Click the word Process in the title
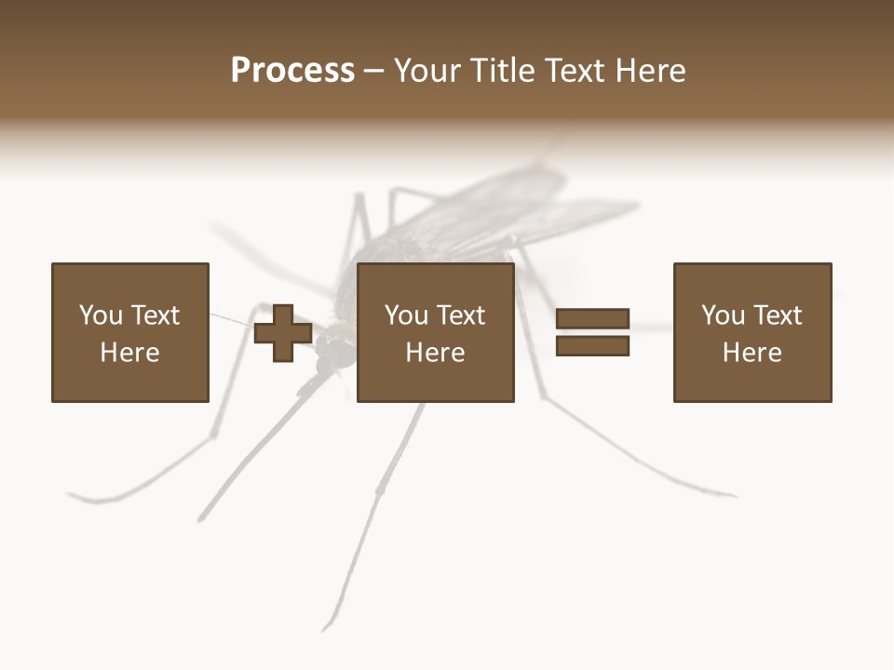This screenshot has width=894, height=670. click(x=292, y=71)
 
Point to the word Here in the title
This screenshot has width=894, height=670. click(x=651, y=71)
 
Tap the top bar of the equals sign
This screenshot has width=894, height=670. click(x=593, y=319)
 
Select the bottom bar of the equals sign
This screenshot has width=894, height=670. click(x=593, y=346)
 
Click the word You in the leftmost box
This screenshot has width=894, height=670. click(x=101, y=315)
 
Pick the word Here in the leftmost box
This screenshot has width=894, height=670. click(x=129, y=353)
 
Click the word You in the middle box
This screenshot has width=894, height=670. click(x=406, y=315)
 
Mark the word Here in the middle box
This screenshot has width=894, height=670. click(x=435, y=353)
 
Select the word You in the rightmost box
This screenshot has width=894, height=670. click(x=723, y=315)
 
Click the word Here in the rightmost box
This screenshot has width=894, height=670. click(x=752, y=353)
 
